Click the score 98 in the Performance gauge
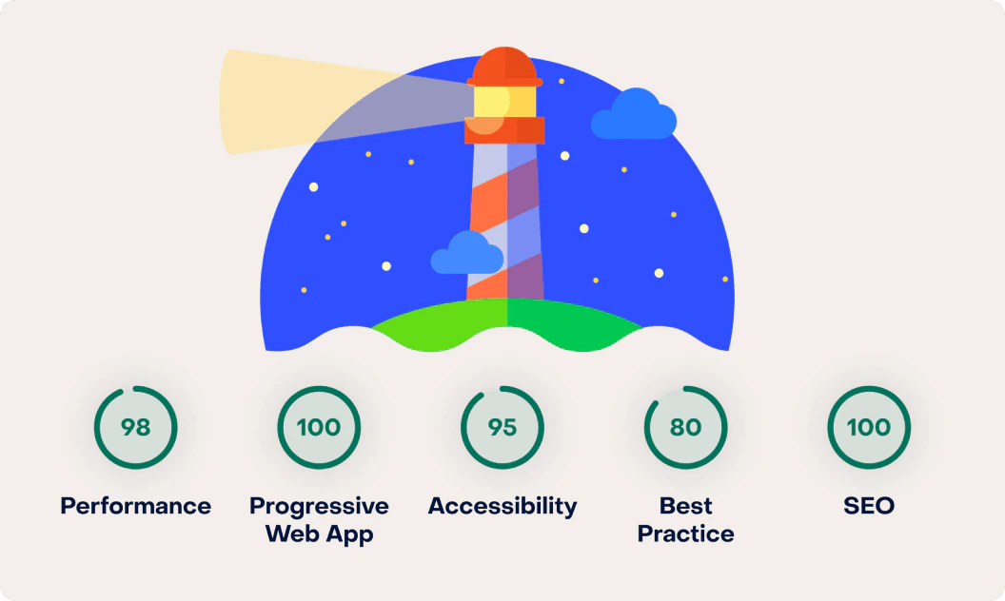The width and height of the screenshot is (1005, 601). coord(135,427)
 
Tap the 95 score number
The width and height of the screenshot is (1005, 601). coord(502,427)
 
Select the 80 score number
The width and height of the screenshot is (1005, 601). coord(685,427)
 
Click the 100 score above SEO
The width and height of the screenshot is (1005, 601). coord(869,427)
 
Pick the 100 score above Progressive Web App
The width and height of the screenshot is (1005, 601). coord(319,427)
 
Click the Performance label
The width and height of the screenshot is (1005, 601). coord(135,506)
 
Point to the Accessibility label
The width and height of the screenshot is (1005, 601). coord(502,507)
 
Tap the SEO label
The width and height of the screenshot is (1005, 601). coord(869,506)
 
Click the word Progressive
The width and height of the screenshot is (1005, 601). coord(319,507)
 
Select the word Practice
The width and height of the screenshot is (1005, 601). coord(686,533)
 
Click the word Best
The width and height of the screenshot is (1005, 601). coord(686,506)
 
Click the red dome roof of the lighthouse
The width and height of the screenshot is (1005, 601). coord(504,66)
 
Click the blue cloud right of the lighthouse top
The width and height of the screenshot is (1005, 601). coord(633,114)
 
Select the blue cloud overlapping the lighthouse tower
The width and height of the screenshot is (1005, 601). coord(466,253)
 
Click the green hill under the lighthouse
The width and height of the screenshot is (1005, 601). coord(506,323)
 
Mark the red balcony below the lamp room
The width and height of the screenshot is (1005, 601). coord(504,130)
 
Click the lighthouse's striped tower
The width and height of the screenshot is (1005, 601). coord(505,221)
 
